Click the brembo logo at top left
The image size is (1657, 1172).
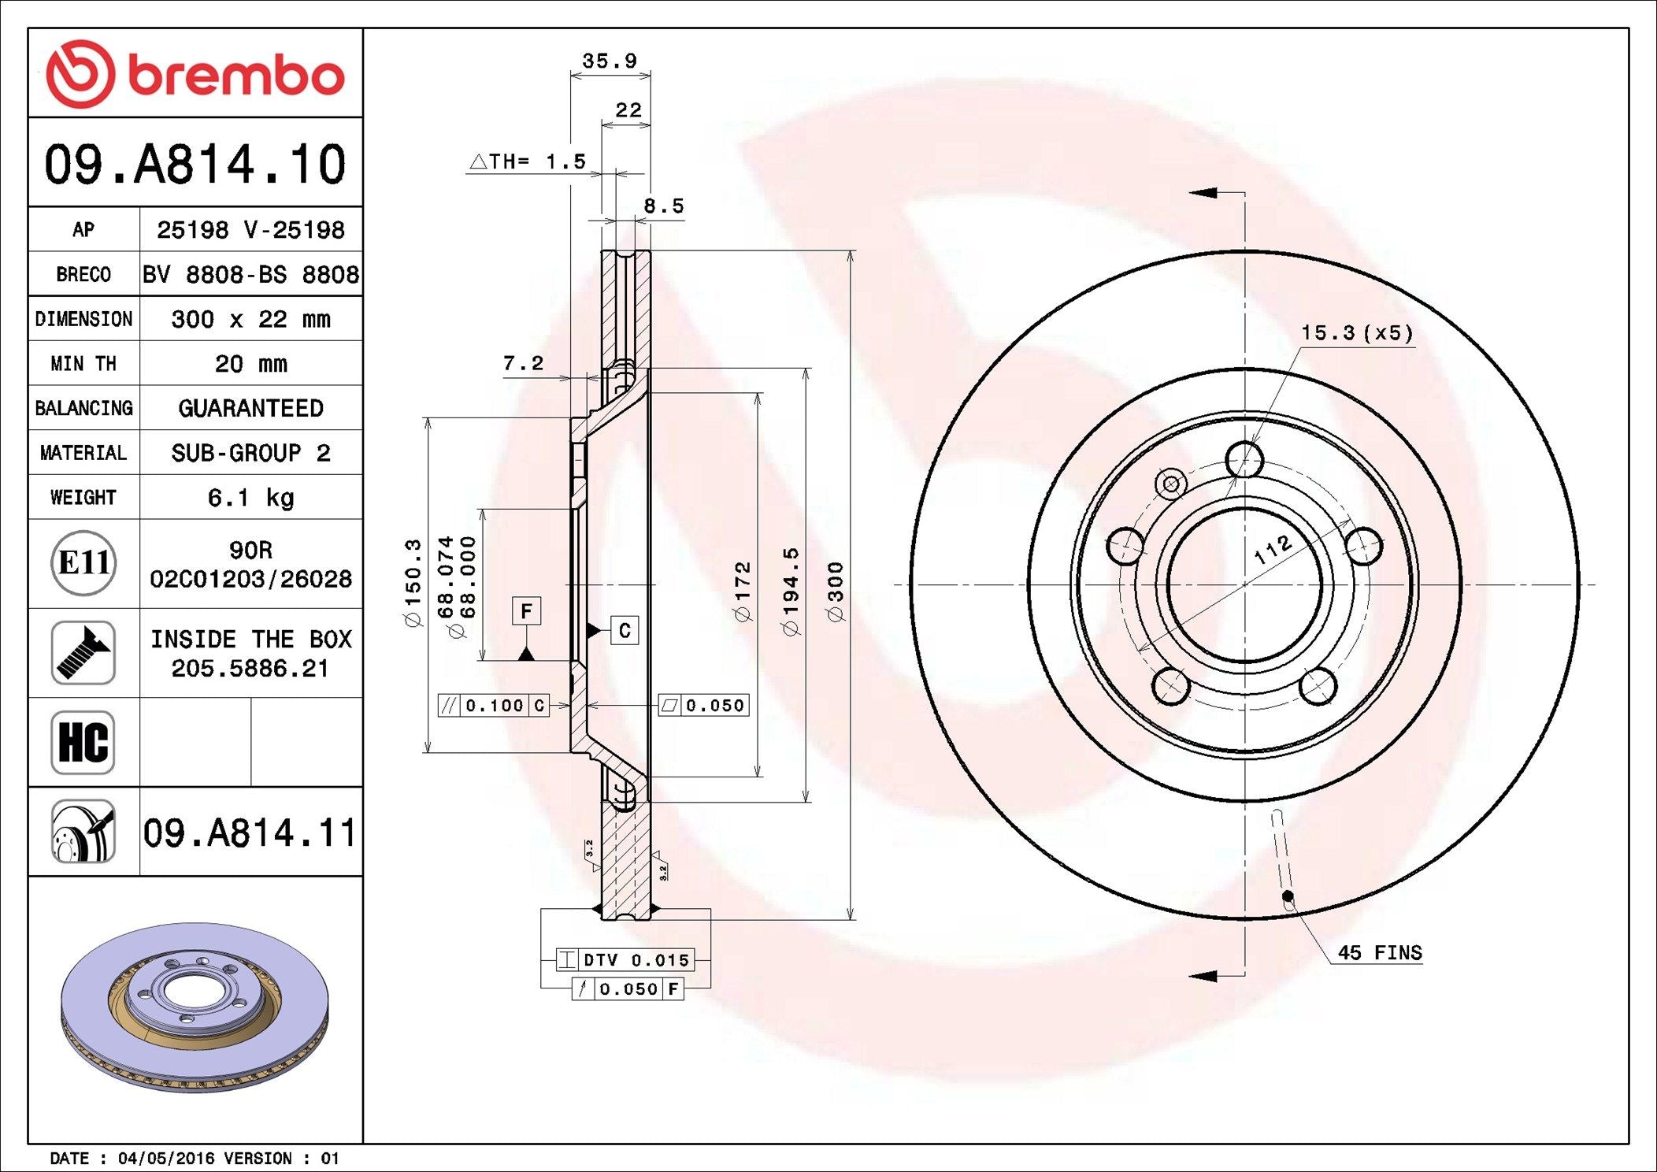[x=195, y=74]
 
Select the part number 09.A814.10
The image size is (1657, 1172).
[x=195, y=164]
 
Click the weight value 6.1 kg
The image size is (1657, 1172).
[x=250, y=498]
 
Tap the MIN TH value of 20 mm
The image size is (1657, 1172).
[x=250, y=363]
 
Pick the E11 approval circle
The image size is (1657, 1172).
[x=83, y=562]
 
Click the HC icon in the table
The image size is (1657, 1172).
[x=83, y=742]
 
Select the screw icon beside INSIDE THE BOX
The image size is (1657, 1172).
[x=83, y=652]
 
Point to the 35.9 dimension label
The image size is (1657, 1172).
[x=610, y=61]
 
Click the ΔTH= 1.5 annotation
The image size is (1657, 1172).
[x=528, y=161]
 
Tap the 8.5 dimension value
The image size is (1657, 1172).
[x=664, y=206]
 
